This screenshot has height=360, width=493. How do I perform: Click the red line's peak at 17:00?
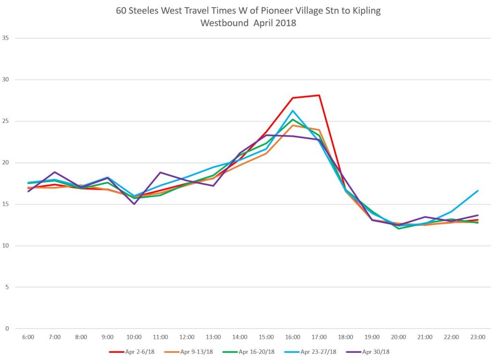point(319,95)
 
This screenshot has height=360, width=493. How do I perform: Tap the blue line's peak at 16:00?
point(293,111)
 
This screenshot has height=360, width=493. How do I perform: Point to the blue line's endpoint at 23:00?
point(478,191)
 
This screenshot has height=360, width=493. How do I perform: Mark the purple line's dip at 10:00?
point(134,204)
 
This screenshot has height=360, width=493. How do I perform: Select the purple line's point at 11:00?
point(160,172)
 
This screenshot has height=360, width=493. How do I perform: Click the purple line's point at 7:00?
point(55,172)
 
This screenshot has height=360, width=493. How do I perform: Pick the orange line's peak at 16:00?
point(293,125)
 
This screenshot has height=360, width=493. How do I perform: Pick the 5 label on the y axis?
point(7,287)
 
